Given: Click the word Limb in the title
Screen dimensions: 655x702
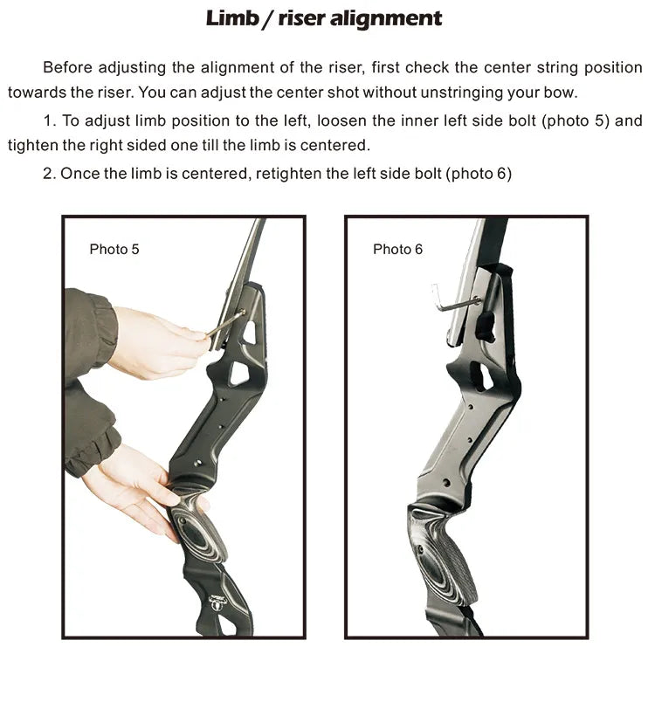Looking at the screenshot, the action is pyautogui.click(x=232, y=18).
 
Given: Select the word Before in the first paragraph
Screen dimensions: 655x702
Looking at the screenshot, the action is pyautogui.click(x=68, y=67).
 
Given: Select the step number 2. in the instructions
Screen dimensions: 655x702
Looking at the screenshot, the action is pyautogui.click(x=49, y=173).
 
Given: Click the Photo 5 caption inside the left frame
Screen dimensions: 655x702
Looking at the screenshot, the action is pyautogui.click(x=114, y=249).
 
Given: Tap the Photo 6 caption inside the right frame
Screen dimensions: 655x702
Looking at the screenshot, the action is pyautogui.click(x=397, y=249).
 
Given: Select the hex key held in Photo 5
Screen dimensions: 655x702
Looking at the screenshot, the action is pyautogui.click(x=225, y=323).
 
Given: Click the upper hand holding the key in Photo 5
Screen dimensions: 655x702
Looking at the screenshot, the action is pyautogui.click(x=156, y=342).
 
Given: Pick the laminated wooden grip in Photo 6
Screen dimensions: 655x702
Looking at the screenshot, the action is pyautogui.click(x=441, y=555).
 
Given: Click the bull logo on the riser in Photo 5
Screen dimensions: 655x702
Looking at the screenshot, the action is pyautogui.click(x=218, y=602).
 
